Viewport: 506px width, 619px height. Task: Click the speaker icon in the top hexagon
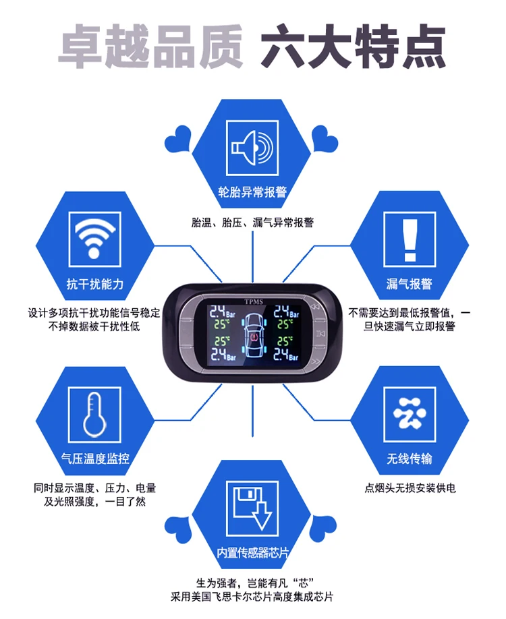252,148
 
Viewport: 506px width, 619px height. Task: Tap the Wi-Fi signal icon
95,239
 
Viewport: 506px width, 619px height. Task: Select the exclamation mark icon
410,239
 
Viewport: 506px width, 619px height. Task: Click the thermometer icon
95,414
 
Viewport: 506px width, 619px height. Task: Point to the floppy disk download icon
252,508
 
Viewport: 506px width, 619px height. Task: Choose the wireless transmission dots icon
410,414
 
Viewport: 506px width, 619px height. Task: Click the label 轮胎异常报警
252,192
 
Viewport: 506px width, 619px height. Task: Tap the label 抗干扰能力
95,284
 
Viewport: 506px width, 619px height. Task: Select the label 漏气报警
410,284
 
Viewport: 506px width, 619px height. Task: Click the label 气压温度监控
95,459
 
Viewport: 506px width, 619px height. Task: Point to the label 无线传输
410,459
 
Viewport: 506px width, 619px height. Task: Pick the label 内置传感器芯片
252,552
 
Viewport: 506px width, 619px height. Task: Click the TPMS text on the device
254,301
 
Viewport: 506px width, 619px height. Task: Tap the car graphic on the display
253,336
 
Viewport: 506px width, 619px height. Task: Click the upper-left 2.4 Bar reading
222,312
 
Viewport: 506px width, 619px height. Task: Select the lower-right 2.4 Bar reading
286,354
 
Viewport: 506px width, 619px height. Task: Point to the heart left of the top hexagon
177,140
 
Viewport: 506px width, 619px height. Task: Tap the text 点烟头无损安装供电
410,488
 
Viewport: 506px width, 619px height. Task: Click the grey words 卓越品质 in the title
150,46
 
